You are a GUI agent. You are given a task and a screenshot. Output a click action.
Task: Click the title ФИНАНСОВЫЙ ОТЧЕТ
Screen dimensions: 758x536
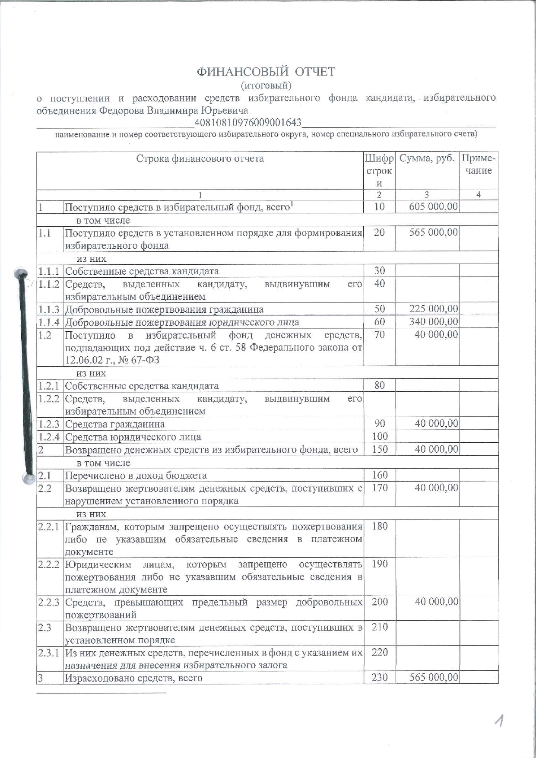266,72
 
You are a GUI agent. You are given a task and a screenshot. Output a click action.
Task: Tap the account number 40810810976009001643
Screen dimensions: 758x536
248,123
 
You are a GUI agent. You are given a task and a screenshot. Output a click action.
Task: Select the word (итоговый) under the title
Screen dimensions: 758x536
266,85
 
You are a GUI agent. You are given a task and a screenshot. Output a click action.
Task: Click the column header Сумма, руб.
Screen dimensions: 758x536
427,159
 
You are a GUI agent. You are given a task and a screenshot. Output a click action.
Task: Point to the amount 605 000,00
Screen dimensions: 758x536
433,207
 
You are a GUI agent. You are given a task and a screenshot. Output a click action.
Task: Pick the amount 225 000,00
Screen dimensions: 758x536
433,309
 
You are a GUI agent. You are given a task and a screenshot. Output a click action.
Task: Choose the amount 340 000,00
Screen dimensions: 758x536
433,322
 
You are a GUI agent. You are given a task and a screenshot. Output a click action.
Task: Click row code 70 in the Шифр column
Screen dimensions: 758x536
379,335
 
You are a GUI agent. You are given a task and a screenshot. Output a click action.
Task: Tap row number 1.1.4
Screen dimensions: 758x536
48,322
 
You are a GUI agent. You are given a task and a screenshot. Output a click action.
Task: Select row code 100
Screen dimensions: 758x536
380,437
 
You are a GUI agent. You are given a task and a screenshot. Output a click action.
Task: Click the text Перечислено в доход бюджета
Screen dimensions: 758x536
136,476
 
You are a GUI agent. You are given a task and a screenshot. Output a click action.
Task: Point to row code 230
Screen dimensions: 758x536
380,678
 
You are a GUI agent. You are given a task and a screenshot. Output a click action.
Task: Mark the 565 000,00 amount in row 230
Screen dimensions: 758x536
434,678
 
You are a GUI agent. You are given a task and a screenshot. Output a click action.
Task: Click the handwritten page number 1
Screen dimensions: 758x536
500,721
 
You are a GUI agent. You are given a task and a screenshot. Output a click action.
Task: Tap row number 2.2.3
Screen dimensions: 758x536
48,602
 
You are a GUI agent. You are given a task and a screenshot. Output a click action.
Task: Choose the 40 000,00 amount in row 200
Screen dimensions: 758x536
436,602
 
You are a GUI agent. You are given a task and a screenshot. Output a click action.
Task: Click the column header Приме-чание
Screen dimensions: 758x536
479,165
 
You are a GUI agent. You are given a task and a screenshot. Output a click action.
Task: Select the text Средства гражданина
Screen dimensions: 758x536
115,424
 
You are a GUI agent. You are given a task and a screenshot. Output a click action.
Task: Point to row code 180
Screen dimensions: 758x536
380,526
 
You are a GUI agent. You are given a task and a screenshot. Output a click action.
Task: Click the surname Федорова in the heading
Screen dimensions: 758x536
122,111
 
